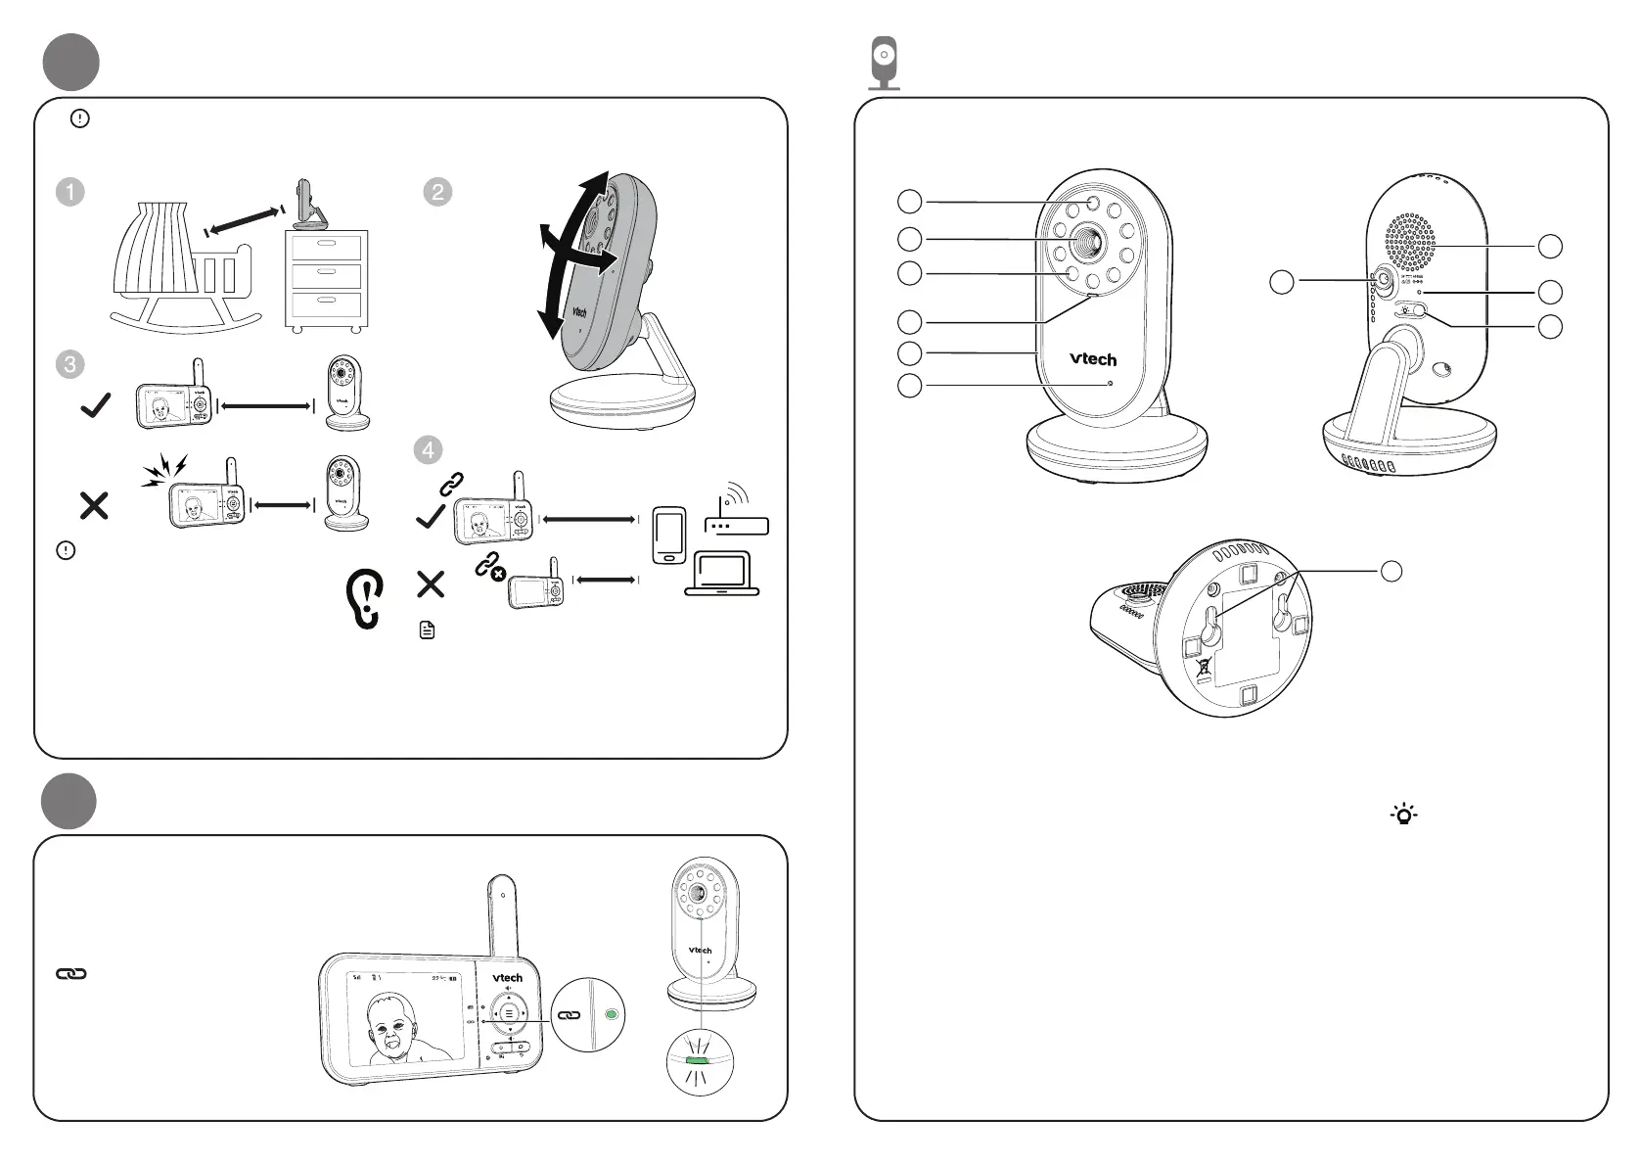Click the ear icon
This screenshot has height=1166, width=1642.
[366, 598]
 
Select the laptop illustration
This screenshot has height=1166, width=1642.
[722, 575]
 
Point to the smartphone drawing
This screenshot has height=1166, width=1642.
[669, 536]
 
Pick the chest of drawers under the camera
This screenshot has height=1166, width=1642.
[326, 278]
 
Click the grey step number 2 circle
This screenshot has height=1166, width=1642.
[437, 192]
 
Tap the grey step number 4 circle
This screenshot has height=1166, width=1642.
[428, 450]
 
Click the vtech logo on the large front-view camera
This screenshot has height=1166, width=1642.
[1092, 359]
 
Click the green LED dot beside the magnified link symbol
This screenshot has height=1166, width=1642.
[612, 1015]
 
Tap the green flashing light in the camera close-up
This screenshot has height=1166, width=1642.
[699, 1060]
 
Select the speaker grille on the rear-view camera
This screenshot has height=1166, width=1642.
[1410, 241]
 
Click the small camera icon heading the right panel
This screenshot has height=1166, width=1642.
[885, 63]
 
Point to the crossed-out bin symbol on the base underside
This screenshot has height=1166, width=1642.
[1204, 670]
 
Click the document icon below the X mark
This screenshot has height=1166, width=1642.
[427, 630]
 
